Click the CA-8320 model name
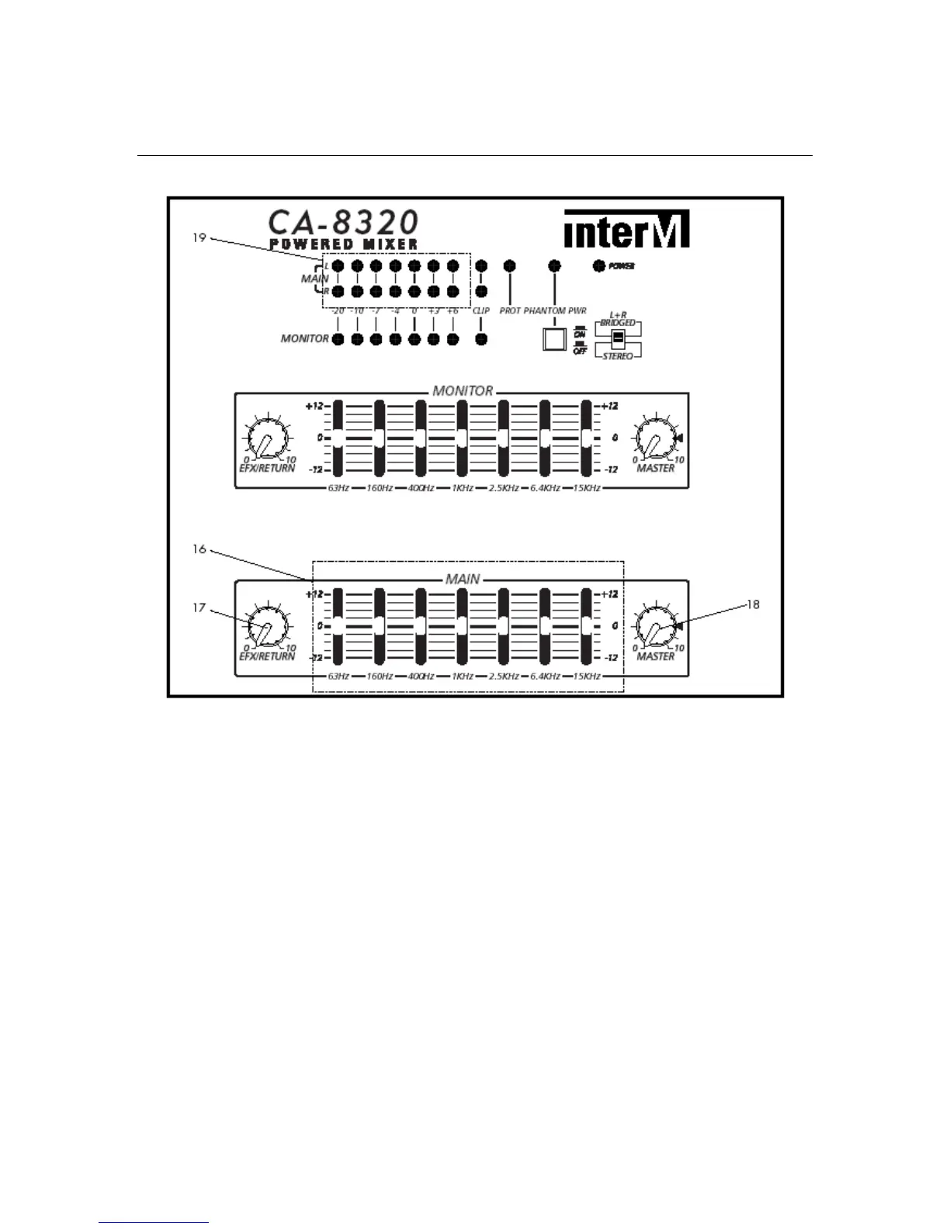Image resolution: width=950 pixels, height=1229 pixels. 343,223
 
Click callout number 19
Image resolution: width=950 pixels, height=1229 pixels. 199,237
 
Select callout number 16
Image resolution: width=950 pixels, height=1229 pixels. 199,549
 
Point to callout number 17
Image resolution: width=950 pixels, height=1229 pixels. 199,608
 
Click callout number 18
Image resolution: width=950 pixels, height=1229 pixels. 752,604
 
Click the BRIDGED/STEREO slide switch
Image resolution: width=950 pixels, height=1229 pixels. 618,339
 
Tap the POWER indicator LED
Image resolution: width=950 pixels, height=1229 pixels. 598,266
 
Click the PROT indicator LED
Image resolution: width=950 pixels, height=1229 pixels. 510,266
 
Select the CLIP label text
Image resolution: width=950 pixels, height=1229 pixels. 481,311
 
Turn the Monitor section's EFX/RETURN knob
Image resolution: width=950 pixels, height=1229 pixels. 267,440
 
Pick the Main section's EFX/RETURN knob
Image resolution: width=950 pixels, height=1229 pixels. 267,628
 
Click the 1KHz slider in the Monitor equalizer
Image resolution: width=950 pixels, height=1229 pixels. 462,438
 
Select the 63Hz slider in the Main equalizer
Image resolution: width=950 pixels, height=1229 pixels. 338,625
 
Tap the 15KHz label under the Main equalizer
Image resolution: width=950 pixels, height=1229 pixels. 586,677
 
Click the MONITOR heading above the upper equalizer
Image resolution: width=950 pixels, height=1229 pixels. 463,391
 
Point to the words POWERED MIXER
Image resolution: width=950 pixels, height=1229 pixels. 343,244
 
